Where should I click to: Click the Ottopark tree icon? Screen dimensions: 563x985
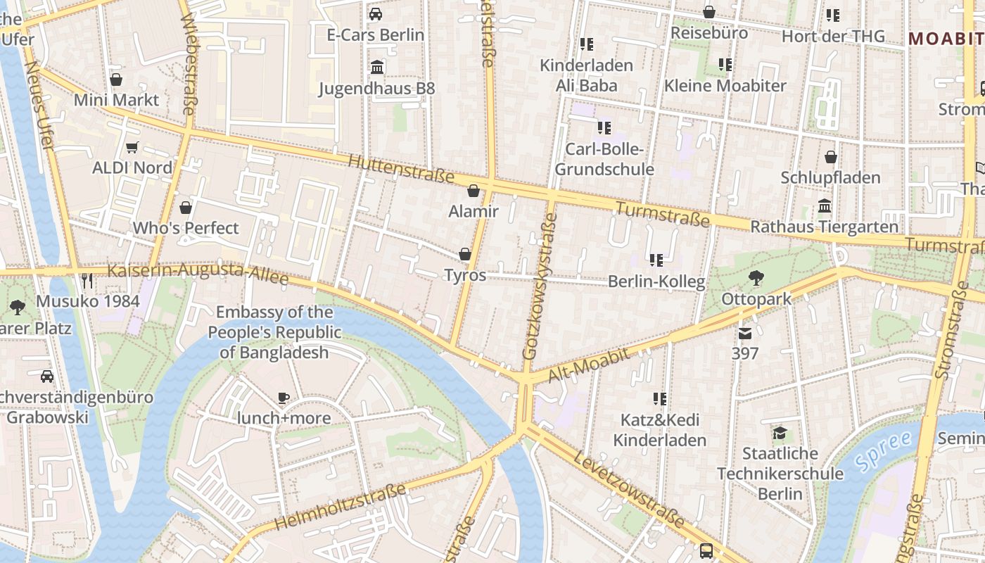756,278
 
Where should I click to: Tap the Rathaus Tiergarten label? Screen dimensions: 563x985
824,227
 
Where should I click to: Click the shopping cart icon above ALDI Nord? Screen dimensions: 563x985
132,147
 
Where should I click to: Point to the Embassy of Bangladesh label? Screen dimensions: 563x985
274,332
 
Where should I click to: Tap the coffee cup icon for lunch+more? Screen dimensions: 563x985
283,398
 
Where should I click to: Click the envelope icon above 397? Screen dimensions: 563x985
745,333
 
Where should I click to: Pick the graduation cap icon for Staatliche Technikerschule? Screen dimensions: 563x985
780,432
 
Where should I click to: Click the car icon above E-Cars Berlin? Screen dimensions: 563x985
376,14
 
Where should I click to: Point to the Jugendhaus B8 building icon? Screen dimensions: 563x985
377,68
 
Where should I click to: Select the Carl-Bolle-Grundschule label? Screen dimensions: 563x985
604,160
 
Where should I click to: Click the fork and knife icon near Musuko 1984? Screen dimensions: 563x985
87,281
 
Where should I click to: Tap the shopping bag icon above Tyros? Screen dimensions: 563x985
464,254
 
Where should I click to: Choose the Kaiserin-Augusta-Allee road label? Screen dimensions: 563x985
198,274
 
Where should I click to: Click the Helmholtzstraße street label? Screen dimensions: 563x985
340,507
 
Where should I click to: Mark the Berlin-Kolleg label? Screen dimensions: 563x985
656,282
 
